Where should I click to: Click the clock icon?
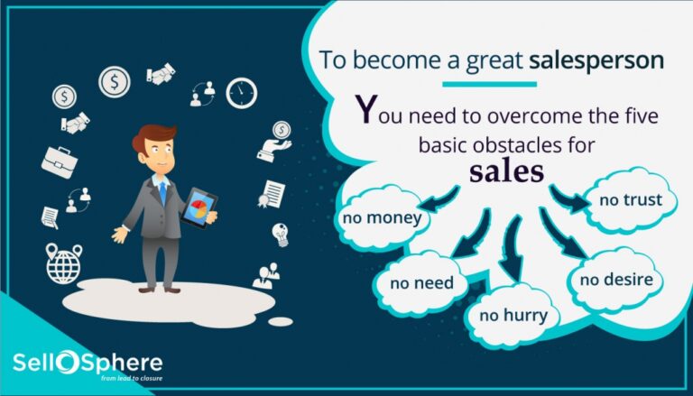(241, 93)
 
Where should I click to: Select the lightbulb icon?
(280, 233)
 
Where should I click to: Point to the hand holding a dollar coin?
(276, 139)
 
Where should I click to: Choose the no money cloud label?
(382, 217)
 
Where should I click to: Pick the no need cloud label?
(421, 283)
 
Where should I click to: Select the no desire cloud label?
(614, 279)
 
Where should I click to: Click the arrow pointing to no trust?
(569, 197)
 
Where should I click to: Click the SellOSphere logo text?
(88, 364)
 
